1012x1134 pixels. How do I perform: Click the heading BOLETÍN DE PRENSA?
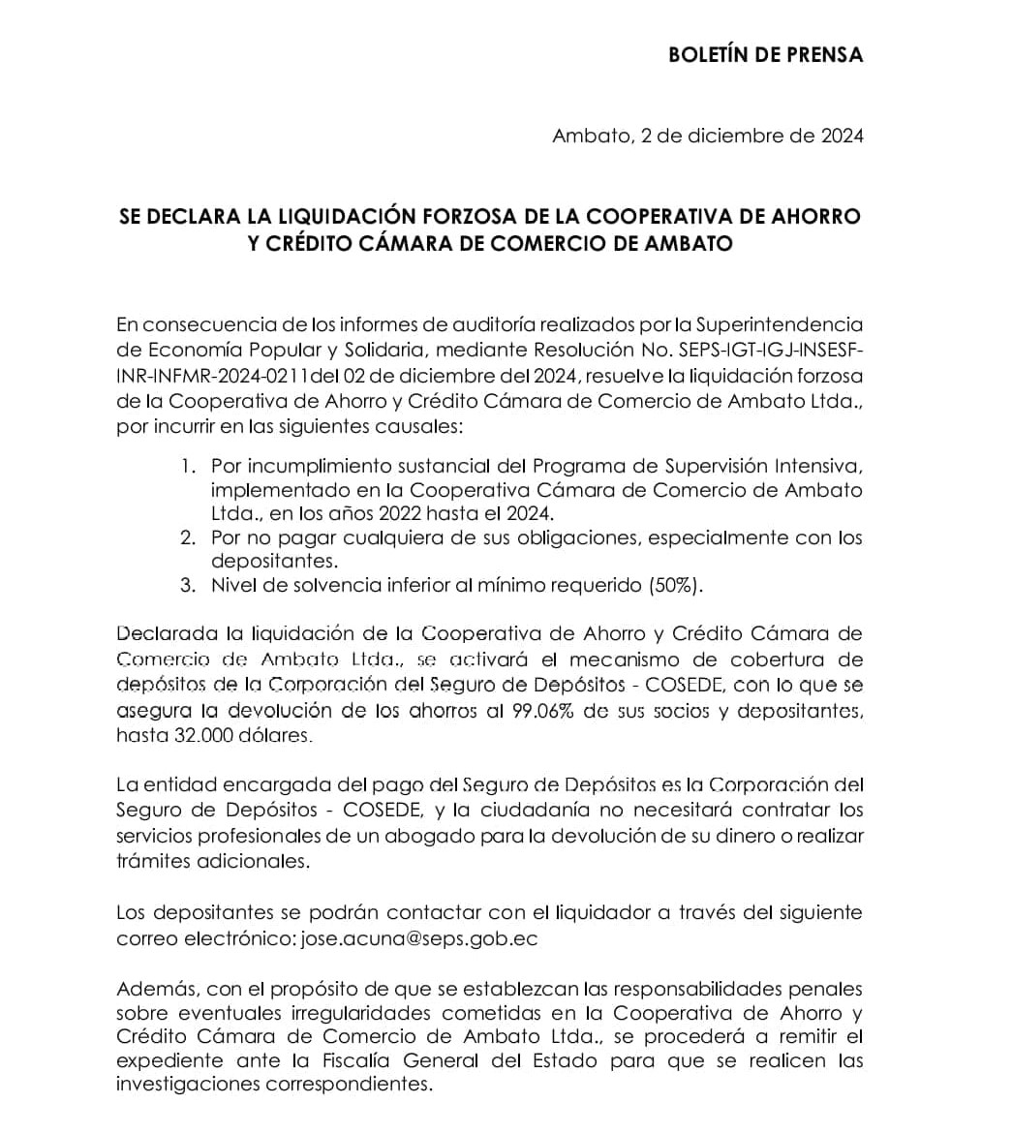765,54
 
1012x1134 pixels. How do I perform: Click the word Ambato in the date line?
588,136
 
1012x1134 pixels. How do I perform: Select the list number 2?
187,537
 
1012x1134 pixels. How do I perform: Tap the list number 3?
187,585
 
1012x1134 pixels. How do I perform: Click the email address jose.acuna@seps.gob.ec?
420,938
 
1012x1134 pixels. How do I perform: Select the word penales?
823,989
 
